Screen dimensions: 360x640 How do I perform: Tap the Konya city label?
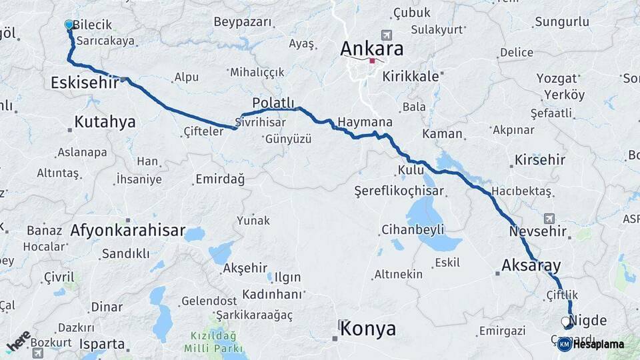coord(367,329)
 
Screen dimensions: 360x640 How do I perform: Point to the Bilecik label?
coord(91,25)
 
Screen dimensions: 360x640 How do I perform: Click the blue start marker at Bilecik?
coord(69,25)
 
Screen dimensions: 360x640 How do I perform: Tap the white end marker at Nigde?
coord(566,322)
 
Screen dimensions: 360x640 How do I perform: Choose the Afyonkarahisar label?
coord(128,231)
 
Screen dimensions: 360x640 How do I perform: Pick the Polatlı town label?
coord(273,102)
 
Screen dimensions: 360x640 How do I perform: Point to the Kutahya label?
coord(105,121)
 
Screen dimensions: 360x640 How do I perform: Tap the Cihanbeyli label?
coord(413,230)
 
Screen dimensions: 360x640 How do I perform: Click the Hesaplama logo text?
coord(597,344)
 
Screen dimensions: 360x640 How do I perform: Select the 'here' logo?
coord(19,340)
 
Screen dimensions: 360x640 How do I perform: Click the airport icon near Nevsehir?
coord(549,218)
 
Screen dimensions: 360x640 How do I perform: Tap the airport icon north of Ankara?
coord(385,35)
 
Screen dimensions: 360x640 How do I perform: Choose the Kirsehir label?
coord(539,160)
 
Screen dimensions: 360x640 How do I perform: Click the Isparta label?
coord(101,344)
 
